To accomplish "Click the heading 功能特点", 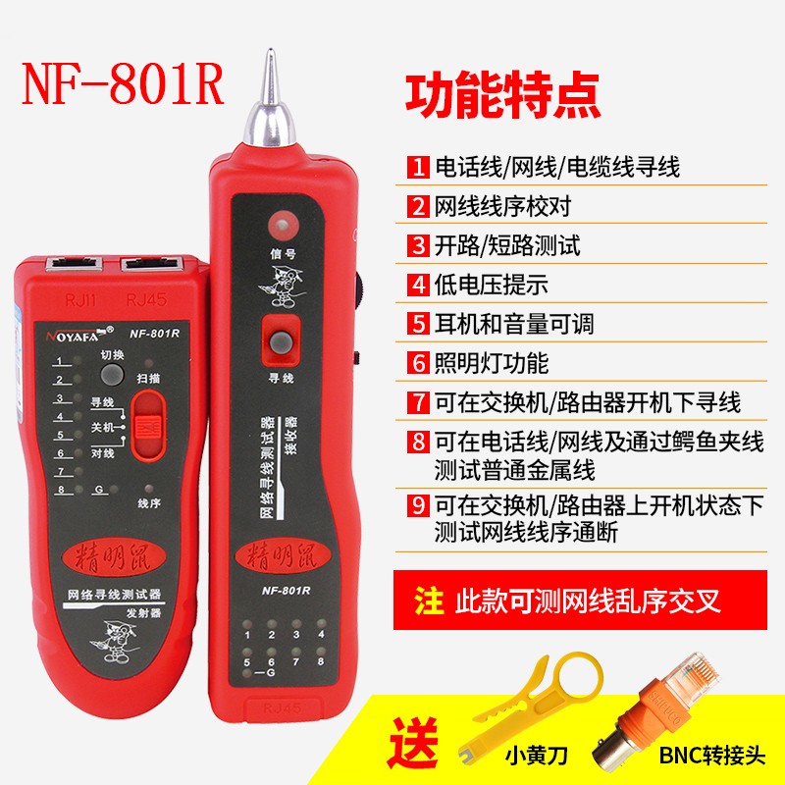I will click(x=502, y=100).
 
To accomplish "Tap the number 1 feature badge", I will click(x=418, y=167).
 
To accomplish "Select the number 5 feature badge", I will click(x=418, y=323).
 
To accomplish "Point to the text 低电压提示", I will click(x=491, y=285).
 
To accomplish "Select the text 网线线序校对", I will click(x=502, y=206).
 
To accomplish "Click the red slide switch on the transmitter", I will click(x=149, y=425).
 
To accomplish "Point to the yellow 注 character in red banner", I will click(x=429, y=601).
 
